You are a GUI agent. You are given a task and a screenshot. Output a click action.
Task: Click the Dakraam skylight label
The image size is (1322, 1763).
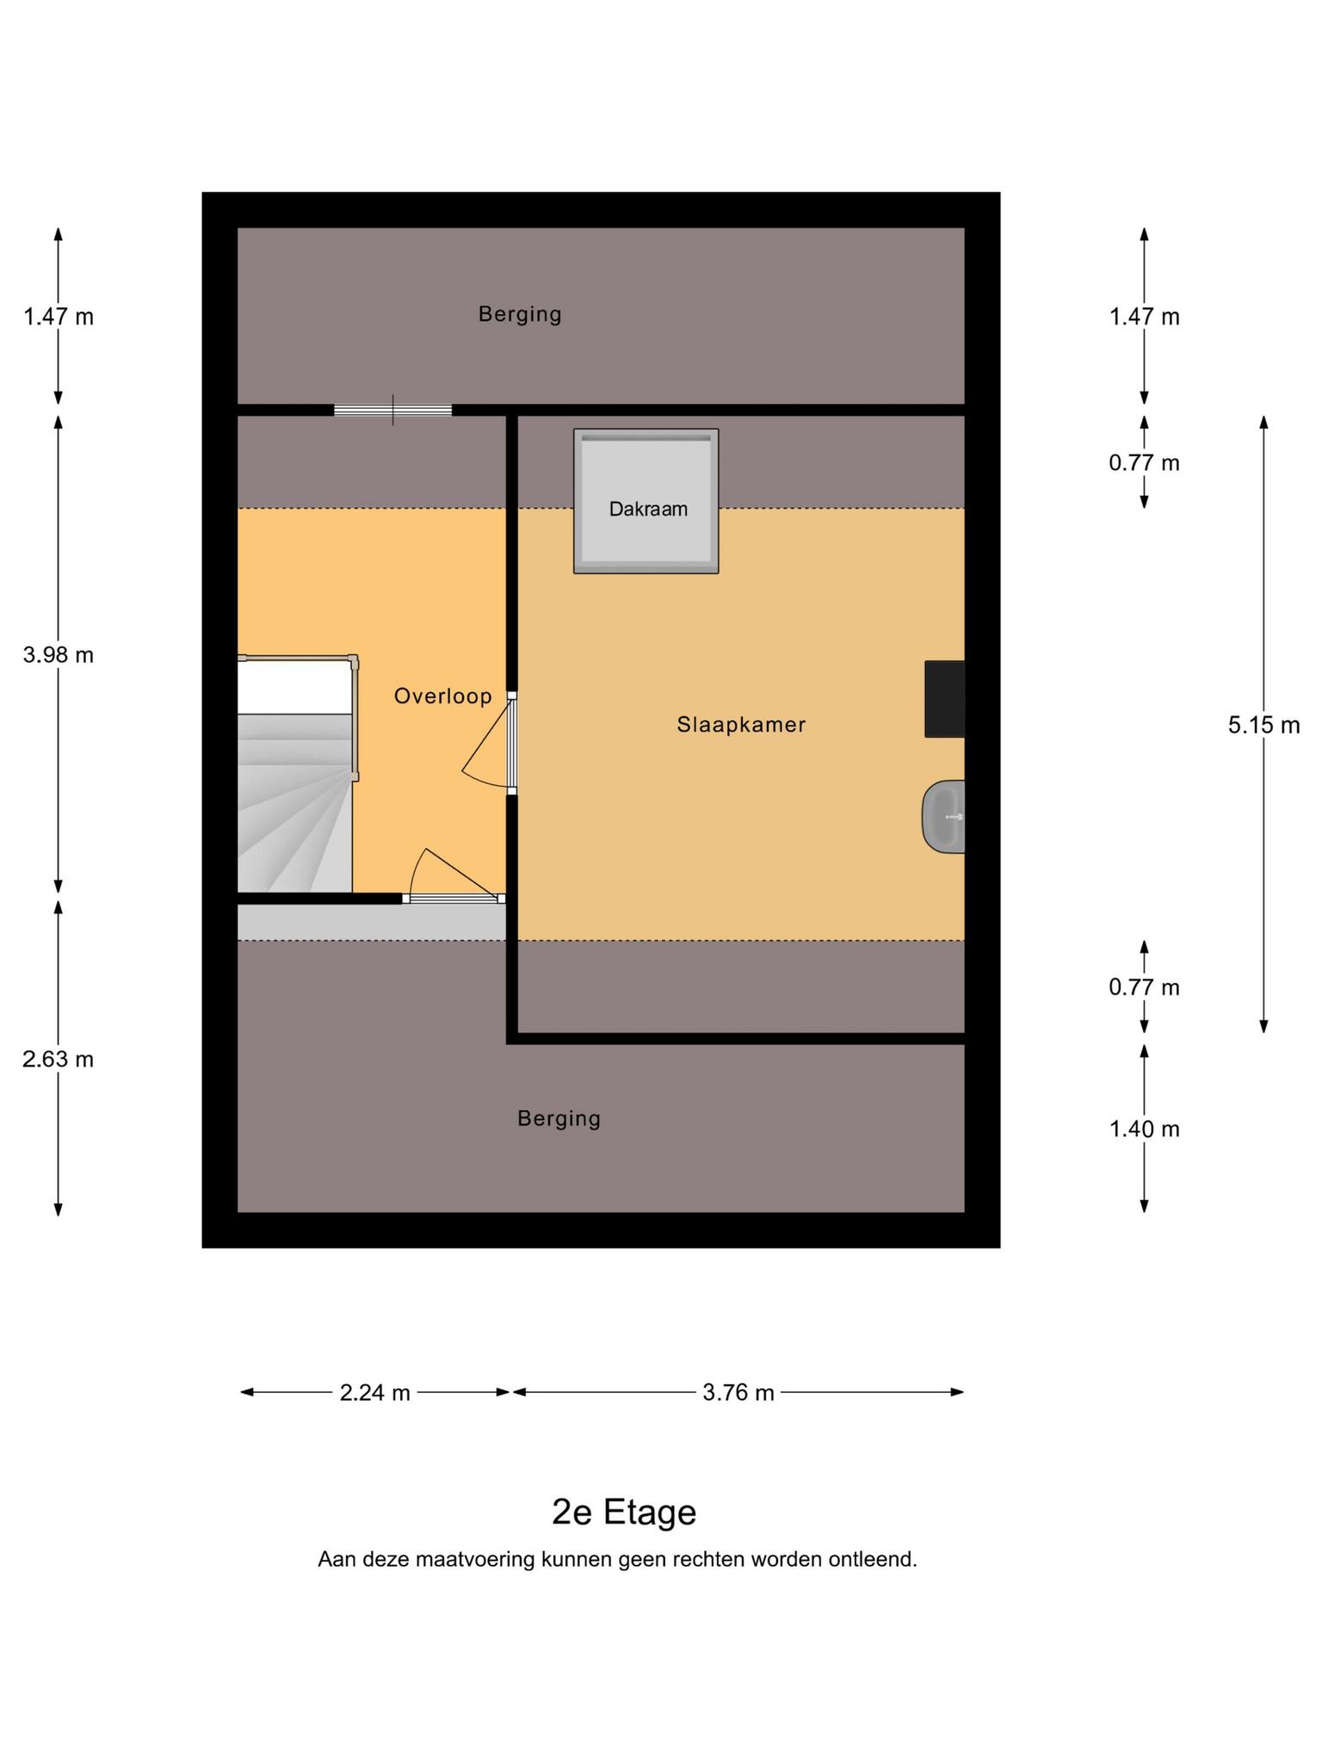point(648,509)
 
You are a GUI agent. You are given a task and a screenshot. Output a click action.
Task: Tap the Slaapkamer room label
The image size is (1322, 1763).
point(741,725)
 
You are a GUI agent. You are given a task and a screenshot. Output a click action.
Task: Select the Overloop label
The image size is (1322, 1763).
point(442,696)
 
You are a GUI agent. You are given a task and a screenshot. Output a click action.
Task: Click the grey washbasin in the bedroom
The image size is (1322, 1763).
point(943,816)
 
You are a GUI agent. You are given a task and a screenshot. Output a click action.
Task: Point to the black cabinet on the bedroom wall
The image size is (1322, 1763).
point(944,699)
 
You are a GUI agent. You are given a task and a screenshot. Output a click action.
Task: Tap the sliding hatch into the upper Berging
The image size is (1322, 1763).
point(392,410)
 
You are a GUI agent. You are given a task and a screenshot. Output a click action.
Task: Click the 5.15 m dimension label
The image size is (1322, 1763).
point(1263,725)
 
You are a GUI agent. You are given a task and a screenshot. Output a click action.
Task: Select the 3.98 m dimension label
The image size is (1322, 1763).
point(59,655)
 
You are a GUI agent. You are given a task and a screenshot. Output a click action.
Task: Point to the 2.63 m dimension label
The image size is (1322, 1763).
point(59,1059)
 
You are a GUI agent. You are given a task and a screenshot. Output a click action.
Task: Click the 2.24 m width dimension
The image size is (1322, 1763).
point(374,1392)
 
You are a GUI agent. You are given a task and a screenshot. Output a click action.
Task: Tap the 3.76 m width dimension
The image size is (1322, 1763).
point(738,1392)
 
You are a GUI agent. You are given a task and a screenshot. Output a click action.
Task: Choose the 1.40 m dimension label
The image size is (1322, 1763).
point(1144,1129)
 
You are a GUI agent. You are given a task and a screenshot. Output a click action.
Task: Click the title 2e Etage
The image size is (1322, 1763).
point(624,1512)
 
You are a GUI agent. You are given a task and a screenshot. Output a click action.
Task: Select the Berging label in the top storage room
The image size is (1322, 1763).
point(520,314)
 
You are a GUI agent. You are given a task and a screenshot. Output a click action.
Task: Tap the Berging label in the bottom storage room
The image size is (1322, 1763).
point(559,1118)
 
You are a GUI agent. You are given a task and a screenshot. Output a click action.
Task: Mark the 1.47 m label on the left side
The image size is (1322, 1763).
point(59,317)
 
